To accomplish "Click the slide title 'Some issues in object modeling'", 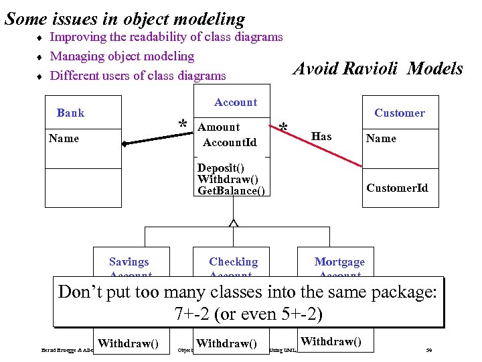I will tap(125, 19).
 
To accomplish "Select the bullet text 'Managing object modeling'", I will tap(122, 56).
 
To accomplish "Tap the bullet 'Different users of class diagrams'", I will tap(138, 75).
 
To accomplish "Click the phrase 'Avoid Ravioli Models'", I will tap(378, 68).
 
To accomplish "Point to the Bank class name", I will tap(70, 113).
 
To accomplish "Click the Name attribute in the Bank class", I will tap(64, 138).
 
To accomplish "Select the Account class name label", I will tap(235, 103).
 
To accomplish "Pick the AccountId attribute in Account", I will tap(229, 142).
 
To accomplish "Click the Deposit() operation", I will tap(220, 168).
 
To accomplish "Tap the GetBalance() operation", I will tap(231, 191).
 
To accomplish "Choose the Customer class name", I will tap(399, 113).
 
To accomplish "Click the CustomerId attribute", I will tap(397, 188).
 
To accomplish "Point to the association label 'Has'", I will tap(321, 136).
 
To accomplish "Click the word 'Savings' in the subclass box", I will tap(129, 261).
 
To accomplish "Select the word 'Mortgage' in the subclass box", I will tap(339, 261).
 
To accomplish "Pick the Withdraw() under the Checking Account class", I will tap(226, 343).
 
